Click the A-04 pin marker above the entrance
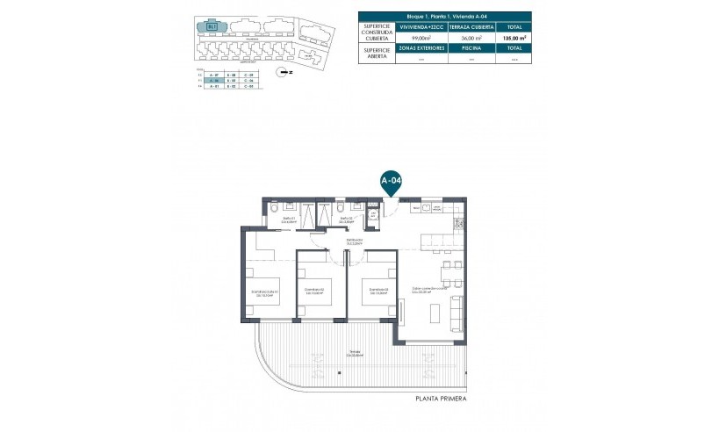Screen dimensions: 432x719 [x=391, y=180]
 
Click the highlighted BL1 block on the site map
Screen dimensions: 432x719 [x=212, y=26]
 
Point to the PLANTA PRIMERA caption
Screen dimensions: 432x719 [x=441, y=400]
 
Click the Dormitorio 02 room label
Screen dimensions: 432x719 [x=314, y=291]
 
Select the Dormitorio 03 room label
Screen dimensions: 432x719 [x=379, y=291]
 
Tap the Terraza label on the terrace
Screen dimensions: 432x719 [x=354, y=353]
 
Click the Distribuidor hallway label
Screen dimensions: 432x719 [x=355, y=241]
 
